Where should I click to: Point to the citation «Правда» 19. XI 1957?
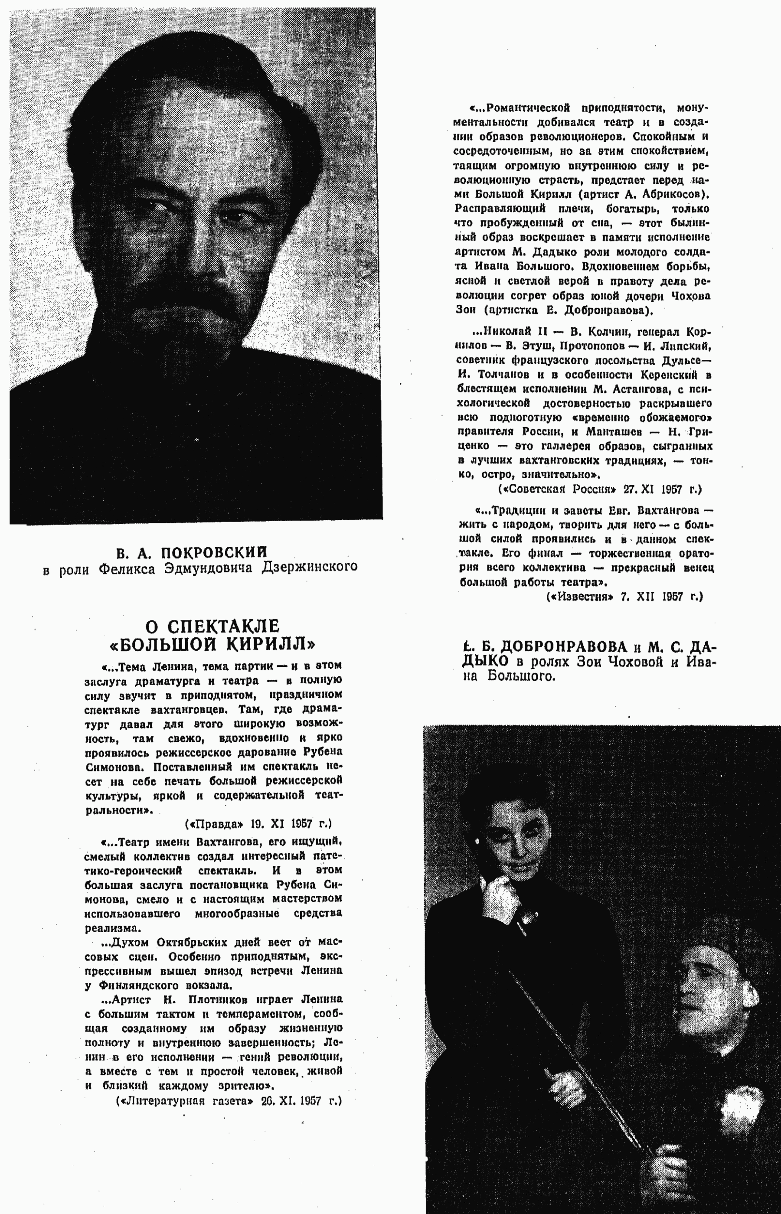pos(258,824)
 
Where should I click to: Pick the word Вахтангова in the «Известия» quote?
pos(668,510)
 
